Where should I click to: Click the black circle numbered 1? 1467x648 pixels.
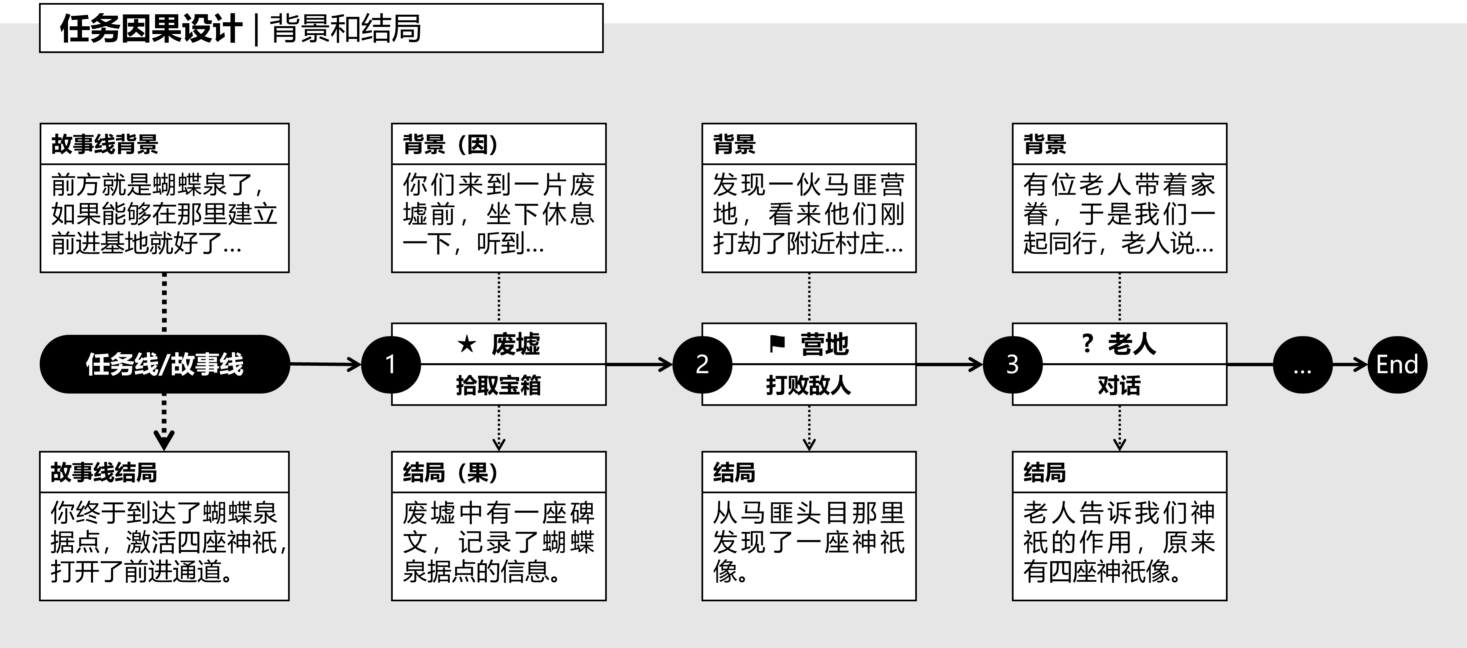coord(391,365)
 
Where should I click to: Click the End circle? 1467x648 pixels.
coord(1397,365)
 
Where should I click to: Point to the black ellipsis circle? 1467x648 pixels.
coord(1302,365)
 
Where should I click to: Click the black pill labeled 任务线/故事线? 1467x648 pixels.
coord(165,365)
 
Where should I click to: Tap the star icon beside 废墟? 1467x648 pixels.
coord(466,344)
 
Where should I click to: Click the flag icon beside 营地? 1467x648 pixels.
coord(777,344)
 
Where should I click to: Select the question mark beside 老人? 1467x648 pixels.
coord(1087,344)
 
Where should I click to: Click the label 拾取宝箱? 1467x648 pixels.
coord(498,386)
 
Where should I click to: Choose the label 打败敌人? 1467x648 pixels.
coord(809,386)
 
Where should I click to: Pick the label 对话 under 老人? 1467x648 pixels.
coord(1119,386)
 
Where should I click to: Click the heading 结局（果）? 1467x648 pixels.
coord(450,473)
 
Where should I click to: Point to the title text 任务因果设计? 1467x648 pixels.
coord(151,28)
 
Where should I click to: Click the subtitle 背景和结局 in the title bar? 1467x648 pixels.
coord(346,28)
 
